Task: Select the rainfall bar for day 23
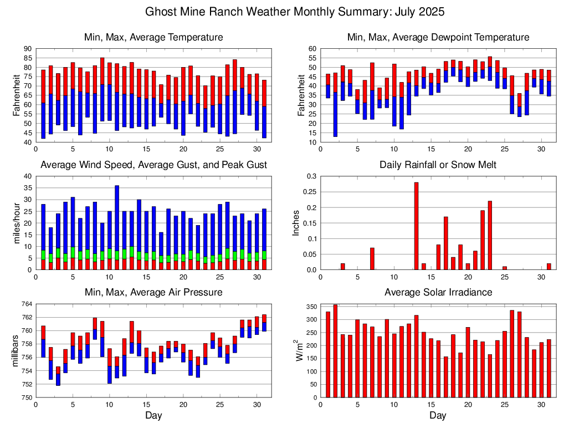click(490, 236)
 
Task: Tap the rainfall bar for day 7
click(372, 259)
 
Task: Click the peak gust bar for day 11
click(117, 222)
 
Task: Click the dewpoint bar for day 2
click(335, 105)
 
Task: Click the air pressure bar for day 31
click(264, 323)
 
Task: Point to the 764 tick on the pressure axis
click(27, 304)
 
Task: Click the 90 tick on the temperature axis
click(28, 49)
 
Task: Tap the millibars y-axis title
click(16, 351)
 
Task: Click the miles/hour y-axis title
click(16, 223)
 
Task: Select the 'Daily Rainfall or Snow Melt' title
click(438, 165)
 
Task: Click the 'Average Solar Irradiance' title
click(438, 292)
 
